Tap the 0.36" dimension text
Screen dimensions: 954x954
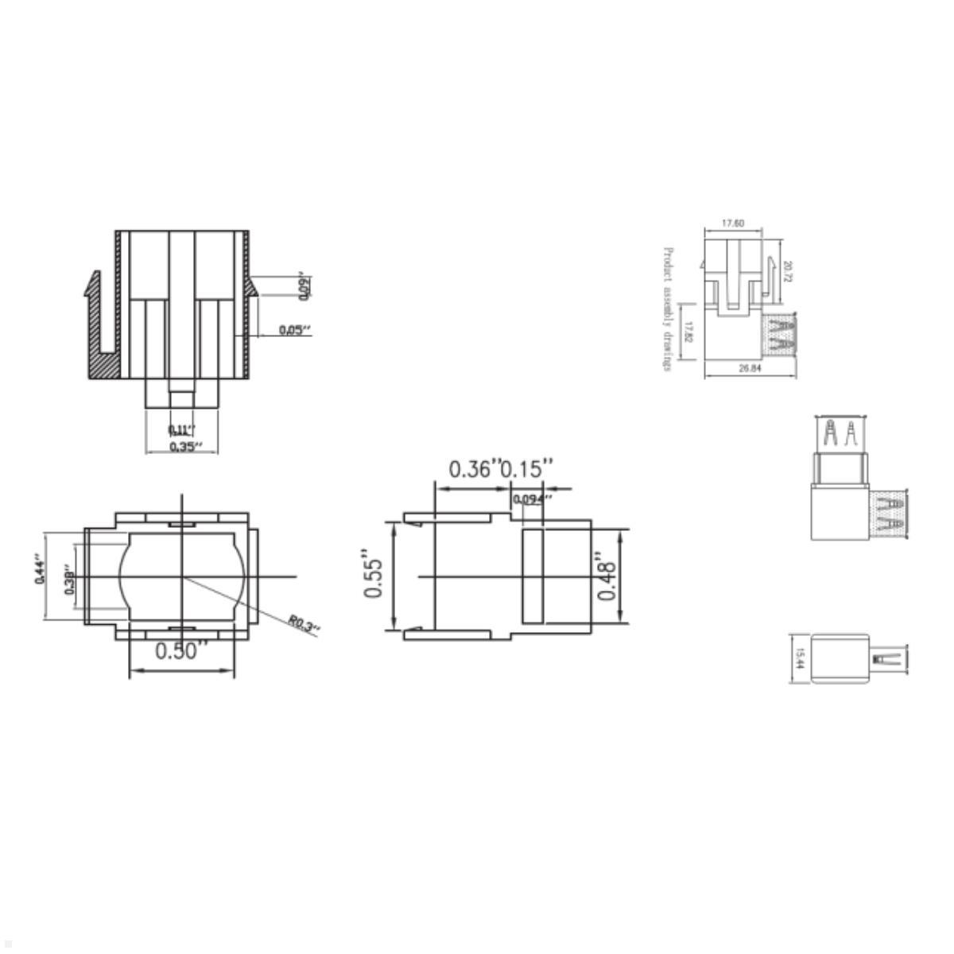(475, 469)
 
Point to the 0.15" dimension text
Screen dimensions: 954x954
(526, 469)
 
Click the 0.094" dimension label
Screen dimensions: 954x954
(532, 499)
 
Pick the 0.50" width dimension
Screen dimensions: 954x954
(181, 651)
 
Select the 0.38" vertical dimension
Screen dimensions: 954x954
(70, 581)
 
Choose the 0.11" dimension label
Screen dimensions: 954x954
(180, 430)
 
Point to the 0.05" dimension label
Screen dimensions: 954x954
(294, 330)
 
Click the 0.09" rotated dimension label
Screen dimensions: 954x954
(303, 287)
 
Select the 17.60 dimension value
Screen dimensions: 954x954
(732, 223)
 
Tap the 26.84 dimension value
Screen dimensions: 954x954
(750, 368)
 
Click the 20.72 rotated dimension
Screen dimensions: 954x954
(788, 272)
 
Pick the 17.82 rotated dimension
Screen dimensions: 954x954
(690, 332)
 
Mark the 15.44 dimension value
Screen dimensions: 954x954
(800, 658)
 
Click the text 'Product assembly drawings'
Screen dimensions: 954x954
(668, 308)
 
